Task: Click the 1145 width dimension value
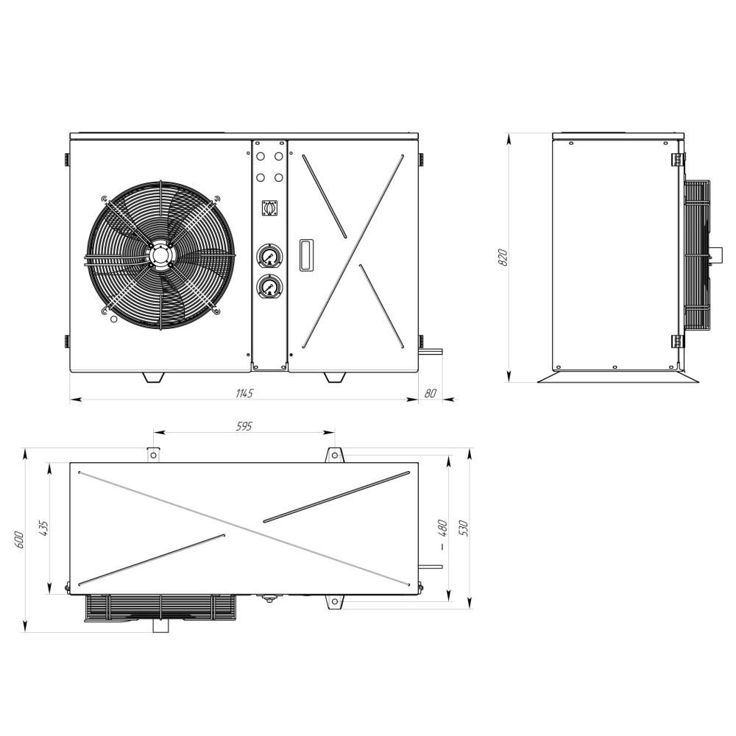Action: tap(244, 393)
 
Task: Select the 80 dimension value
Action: tap(430, 393)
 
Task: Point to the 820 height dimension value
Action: tap(502, 258)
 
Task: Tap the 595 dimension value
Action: tap(244, 425)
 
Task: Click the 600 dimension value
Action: tap(19, 539)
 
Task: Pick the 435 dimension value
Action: tap(44, 528)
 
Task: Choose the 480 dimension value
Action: tap(442, 528)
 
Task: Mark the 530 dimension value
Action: tap(464, 528)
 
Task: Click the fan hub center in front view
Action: tap(160, 256)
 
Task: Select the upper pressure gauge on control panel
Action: tap(269, 256)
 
